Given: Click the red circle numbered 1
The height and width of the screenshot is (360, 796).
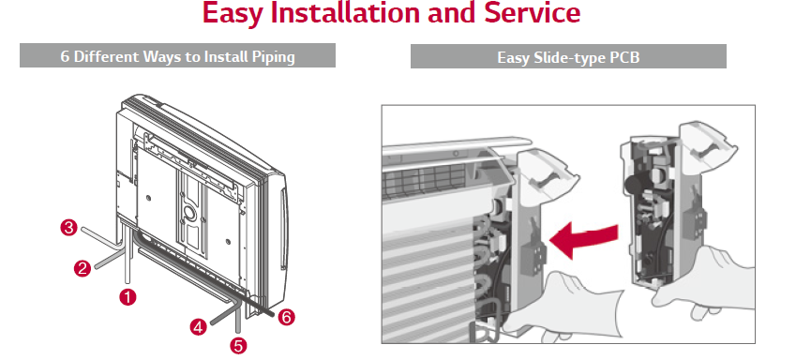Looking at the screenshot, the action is click(x=128, y=296).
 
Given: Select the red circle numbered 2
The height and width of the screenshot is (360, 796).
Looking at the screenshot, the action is click(x=83, y=268).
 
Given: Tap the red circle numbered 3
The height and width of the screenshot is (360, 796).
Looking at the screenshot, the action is click(x=69, y=227).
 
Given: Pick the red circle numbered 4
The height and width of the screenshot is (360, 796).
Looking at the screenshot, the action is click(x=199, y=326).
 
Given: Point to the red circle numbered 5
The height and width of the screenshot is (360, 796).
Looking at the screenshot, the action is click(x=238, y=346).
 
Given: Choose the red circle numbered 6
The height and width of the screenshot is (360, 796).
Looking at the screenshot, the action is click(x=286, y=318).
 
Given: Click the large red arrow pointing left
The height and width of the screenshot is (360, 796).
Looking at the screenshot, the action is click(x=584, y=240).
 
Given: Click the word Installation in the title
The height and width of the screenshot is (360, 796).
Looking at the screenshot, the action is click(x=346, y=14).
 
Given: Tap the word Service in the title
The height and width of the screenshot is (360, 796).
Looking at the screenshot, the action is click(x=532, y=14).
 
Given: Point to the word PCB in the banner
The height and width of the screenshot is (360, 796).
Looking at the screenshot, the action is click(x=624, y=57).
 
